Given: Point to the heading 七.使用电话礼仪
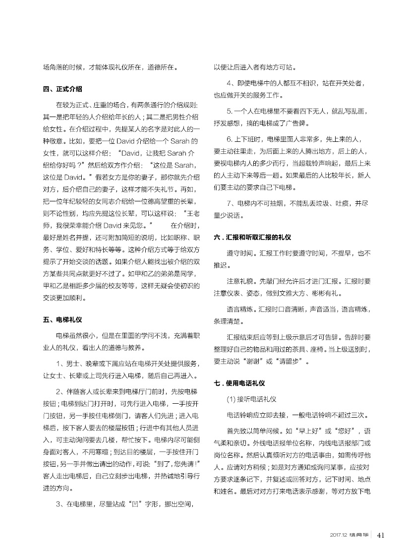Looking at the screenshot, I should (x=239, y=383).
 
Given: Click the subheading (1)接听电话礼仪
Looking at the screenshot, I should (x=251, y=399).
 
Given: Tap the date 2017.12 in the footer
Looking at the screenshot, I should (x=338, y=535).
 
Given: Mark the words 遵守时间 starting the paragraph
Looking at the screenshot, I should (x=238, y=253).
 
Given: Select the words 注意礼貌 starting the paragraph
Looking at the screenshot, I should (x=238, y=281).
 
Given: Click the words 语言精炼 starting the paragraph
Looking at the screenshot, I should (x=238, y=309).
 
